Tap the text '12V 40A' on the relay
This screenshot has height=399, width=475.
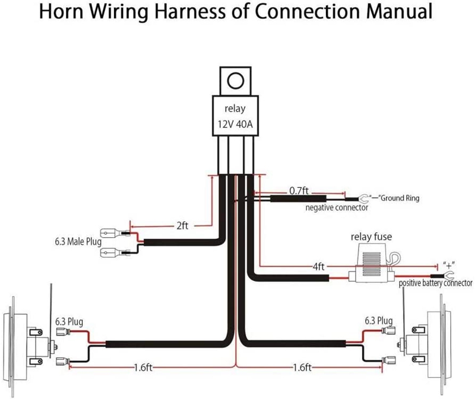(235, 124)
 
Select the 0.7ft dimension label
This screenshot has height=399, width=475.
(299, 190)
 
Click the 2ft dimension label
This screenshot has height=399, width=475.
(182, 226)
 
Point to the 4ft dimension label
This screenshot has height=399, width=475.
(318, 267)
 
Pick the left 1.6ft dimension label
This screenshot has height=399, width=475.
(143, 367)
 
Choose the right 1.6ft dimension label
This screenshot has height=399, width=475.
(302, 367)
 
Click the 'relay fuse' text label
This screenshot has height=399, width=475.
(371, 237)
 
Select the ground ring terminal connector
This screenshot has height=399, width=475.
(363, 199)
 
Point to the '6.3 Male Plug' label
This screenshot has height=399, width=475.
(78, 242)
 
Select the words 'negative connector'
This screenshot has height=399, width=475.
(337, 208)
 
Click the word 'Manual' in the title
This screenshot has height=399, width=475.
(399, 11)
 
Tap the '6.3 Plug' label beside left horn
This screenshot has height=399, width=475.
(69, 321)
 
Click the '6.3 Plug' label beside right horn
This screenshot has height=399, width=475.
(379, 320)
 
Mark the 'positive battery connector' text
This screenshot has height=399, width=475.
(435, 283)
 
